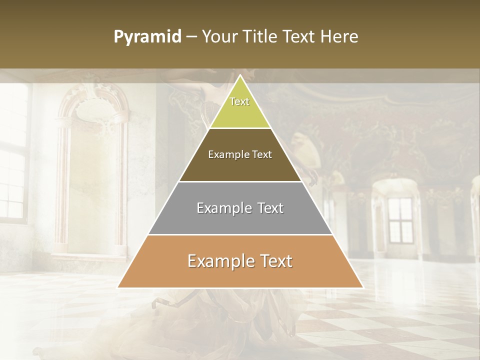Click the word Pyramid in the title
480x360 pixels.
pyautogui.click(x=147, y=37)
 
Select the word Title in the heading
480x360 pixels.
pyautogui.click(x=260, y=37)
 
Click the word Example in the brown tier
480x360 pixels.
pyautogui.click(x=227, y=154)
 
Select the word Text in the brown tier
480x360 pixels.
pyautogui.click(x=261, y=154)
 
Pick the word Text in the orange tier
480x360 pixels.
pyautogui.click(x=274, y=261)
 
